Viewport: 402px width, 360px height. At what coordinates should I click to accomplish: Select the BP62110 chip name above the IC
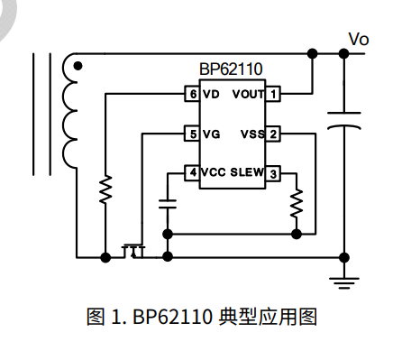pos(232,69)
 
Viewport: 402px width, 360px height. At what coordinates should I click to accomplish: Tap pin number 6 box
pos(191,94)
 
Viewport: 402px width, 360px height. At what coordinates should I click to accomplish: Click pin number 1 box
pos(274,94)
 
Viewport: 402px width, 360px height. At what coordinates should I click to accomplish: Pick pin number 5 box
pos(191,134)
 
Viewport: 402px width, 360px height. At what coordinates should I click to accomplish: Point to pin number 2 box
pos(274,134)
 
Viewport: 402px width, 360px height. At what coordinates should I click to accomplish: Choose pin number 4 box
pos(191,172)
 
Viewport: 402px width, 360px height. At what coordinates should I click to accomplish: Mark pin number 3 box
pos(274,172)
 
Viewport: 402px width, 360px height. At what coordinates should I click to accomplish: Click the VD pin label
pos(210,94)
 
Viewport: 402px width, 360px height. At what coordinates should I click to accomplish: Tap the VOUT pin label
pos(248,94)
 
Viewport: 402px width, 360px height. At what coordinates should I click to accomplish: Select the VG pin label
pos(211,134)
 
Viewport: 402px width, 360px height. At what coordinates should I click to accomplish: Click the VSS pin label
pos(252,134)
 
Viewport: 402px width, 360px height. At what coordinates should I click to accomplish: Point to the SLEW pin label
pos(247,172)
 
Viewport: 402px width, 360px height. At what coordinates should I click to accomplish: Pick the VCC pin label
pos(214,172)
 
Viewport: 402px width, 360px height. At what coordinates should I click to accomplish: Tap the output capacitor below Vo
pos(343,121)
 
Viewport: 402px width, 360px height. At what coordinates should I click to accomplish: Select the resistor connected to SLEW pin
pos(297,205)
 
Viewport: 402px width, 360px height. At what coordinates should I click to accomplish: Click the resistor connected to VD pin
pos(105,189)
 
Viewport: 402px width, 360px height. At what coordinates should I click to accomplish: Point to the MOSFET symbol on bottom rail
pos(134,249)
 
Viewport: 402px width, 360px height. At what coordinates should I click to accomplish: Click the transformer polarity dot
pos(78,66)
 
